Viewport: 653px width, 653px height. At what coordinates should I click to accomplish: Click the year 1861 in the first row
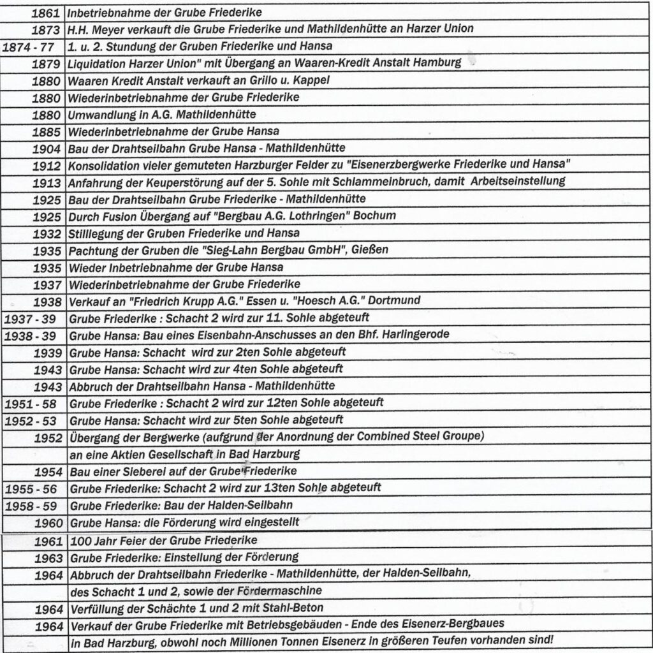pyautogui.click(x=48, y=12)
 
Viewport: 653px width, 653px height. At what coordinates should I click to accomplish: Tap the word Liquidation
pyautogui.click(x=98, y=63)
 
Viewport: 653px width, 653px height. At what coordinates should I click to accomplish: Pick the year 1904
pyautogui.click(x=48, y=147)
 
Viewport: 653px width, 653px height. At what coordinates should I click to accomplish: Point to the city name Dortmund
pyautogui.click(x=400, y=300)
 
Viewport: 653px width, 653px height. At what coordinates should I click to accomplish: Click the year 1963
pyautogui.click(x=48, y=557)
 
